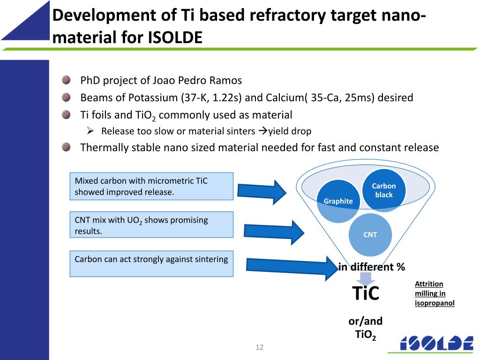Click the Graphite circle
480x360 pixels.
(x=338, y=201)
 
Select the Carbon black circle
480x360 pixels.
(x=384, y=190)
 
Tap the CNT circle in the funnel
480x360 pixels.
(x=370, y=234)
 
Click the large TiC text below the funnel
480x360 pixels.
(x=366, y=294)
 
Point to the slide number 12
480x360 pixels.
(x=259, y=347)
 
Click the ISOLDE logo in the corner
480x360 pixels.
(x=436, y=344)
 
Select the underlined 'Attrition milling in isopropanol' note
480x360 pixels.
(x=435, y=293)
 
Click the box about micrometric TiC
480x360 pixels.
(x=151, y=186)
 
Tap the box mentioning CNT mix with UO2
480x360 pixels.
(x=151, y=225)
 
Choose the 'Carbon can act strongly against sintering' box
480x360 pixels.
(x=151, y=263)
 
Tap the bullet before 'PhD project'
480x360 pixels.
(x=66, y=80)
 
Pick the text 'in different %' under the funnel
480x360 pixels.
(x=372, y=267)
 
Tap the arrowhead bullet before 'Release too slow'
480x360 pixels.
(x=91, y=131)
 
